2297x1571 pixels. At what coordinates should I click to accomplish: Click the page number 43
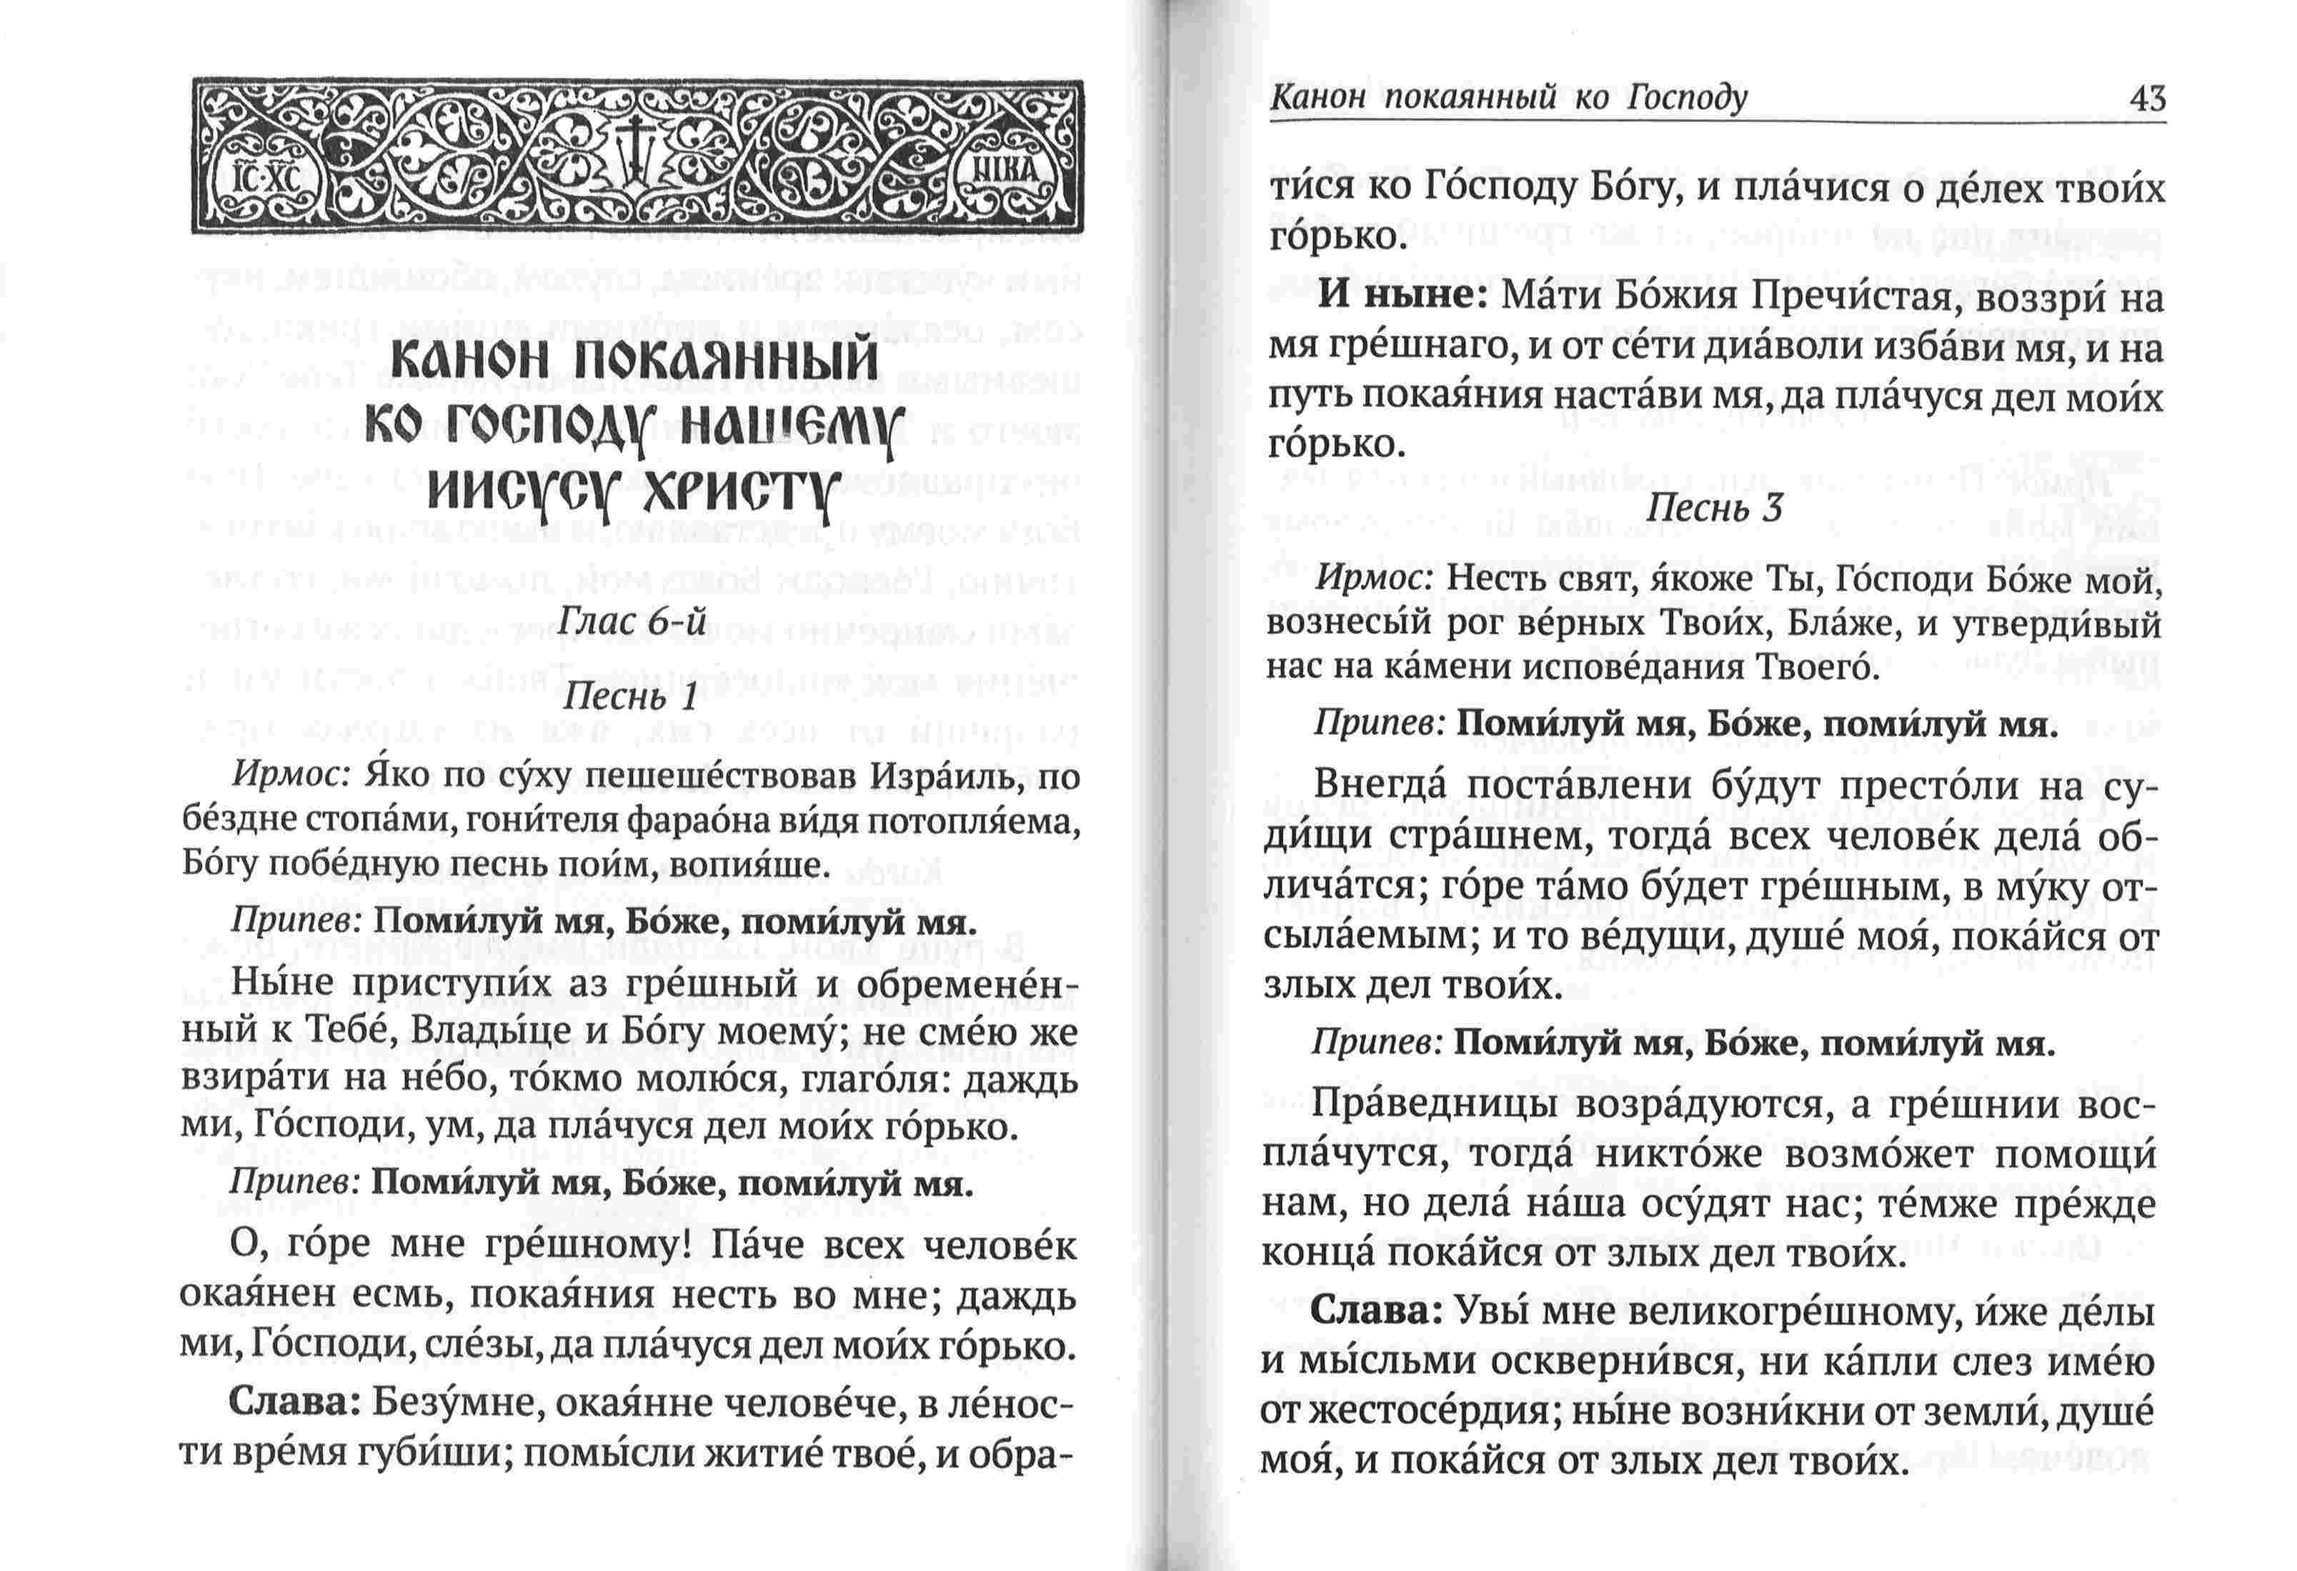click(x=2147, y=99)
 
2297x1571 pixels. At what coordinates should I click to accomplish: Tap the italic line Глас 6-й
click(x=632, y=621)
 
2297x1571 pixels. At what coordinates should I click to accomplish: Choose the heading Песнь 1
click(x=629, y=698)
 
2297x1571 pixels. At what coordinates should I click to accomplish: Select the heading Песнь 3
click(x=1714, y=508)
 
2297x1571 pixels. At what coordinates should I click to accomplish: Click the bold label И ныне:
click(x=1402, y=297)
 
